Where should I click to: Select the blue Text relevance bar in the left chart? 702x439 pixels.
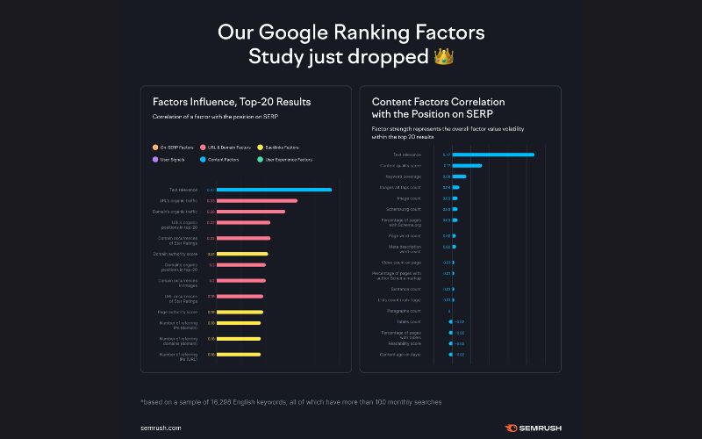click(274, 190)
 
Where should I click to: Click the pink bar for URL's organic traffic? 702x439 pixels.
click(256, 201)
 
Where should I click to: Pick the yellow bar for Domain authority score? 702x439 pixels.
click(241, 254)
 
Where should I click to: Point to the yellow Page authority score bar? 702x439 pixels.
click(239, 312)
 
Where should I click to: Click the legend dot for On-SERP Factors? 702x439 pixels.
click(155, 148)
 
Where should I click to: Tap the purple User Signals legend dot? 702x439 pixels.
click(155, 159)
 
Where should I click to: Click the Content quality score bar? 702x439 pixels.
click(468, 165)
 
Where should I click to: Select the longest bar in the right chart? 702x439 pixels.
click(493, 155)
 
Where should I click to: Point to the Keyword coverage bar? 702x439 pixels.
click(459, 176)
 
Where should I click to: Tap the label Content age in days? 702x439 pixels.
click(401, 355)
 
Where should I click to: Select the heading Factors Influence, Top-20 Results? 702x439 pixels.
click(231, 102)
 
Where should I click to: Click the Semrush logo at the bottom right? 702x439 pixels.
click(534, 428)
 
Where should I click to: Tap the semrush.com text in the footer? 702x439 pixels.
click(161, 428)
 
